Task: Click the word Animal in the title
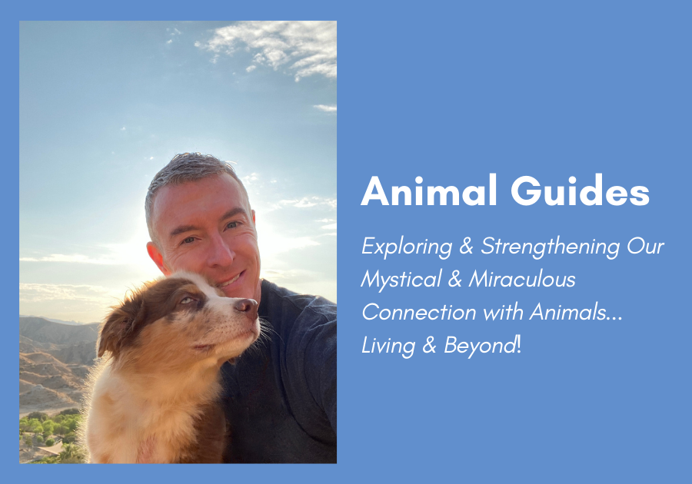(428, 191)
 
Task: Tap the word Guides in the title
(581, 191)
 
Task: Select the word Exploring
(407, 247)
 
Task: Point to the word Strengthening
(551, 247)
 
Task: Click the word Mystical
(401, 280)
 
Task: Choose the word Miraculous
(522, 280)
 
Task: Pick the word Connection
(419, 313)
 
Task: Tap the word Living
(388, 346)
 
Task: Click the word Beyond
(480, 346)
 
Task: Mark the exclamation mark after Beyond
(519, 345)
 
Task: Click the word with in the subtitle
(503, 313)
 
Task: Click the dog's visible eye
(187, 300)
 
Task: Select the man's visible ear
(156, 258)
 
